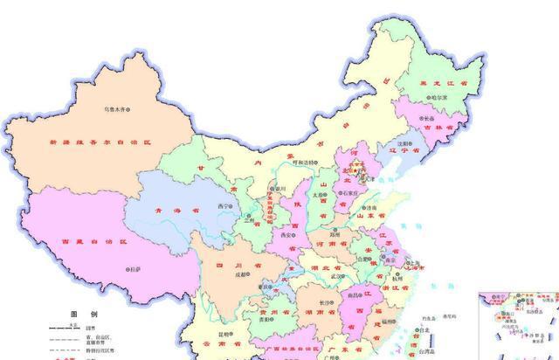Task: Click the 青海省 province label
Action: pyautogui.click(x=176, y=211)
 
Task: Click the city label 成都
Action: pyautogui.click(x=230, y=274)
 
